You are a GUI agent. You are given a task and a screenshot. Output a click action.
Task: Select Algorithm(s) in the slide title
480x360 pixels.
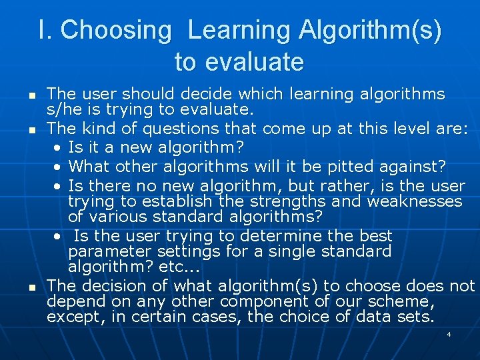tap(370, 31)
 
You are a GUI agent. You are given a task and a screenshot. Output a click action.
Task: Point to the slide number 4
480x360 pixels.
tap(449, 333)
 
